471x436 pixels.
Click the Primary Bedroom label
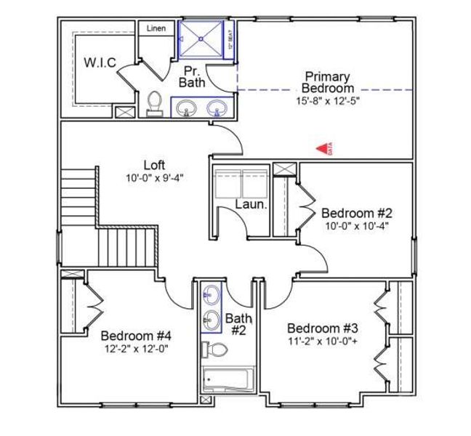point(327,82)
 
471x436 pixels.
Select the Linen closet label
point(156,29)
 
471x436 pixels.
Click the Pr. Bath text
point(192,76)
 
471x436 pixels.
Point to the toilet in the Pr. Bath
point(154,103)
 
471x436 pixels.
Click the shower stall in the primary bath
point(202,38)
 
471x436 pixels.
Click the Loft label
point(154,165)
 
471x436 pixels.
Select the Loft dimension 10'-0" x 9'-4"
point(154,177)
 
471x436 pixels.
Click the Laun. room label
point(251,205)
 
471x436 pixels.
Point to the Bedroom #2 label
point(357,213)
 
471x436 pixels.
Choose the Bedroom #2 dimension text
point(357,225)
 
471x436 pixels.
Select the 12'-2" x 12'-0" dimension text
point(136,348)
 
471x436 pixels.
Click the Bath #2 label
point(238,324)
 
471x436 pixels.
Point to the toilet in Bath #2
point(214,350)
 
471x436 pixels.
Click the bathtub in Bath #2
point(228,379)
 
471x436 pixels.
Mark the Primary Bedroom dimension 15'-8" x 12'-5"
point(327,100)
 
